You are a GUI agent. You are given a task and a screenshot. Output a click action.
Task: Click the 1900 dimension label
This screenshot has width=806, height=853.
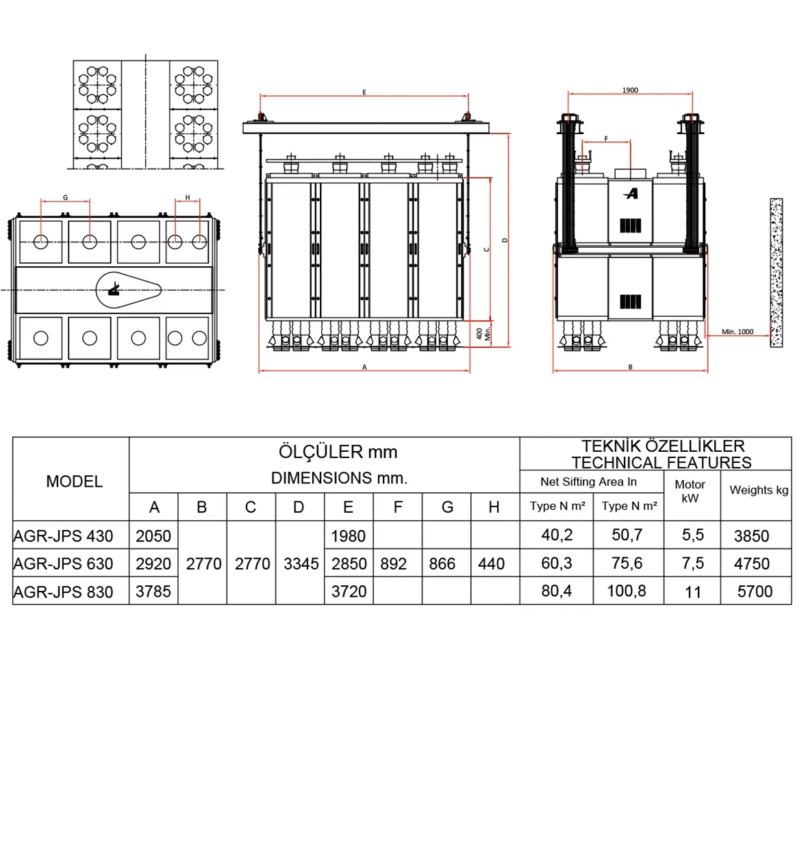(x=630, y=90)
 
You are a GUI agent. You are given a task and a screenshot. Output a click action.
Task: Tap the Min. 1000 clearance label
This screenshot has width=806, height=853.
(x=738, y=331)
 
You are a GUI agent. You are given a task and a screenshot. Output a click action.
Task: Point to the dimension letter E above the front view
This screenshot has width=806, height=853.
(x=364, y=92)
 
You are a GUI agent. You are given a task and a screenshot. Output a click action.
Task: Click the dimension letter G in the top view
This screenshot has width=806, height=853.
(x=65, y=198)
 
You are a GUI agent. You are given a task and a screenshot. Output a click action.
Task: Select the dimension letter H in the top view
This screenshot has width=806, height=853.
(x=188, y=198)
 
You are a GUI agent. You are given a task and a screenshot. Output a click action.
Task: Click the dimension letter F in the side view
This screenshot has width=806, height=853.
(x=606, y=139)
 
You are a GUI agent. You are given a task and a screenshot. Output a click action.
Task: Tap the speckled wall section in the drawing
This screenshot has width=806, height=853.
(x=776, y=272)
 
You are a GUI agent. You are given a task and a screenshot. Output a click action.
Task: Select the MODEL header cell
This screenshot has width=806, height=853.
(x=75, y=481)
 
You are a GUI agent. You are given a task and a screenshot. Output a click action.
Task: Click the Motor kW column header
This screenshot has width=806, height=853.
(x=690, y=492)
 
